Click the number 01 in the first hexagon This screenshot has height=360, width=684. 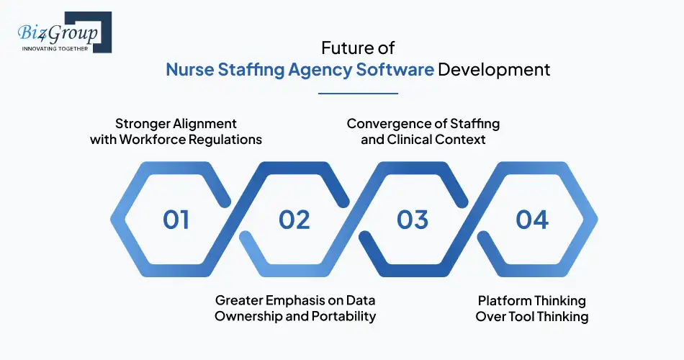176,219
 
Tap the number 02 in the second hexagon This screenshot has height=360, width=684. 294,219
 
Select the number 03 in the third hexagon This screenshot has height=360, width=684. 413,219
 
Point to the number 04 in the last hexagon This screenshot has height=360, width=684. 532,219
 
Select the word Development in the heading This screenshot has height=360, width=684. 495,70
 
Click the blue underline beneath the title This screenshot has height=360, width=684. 358,93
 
